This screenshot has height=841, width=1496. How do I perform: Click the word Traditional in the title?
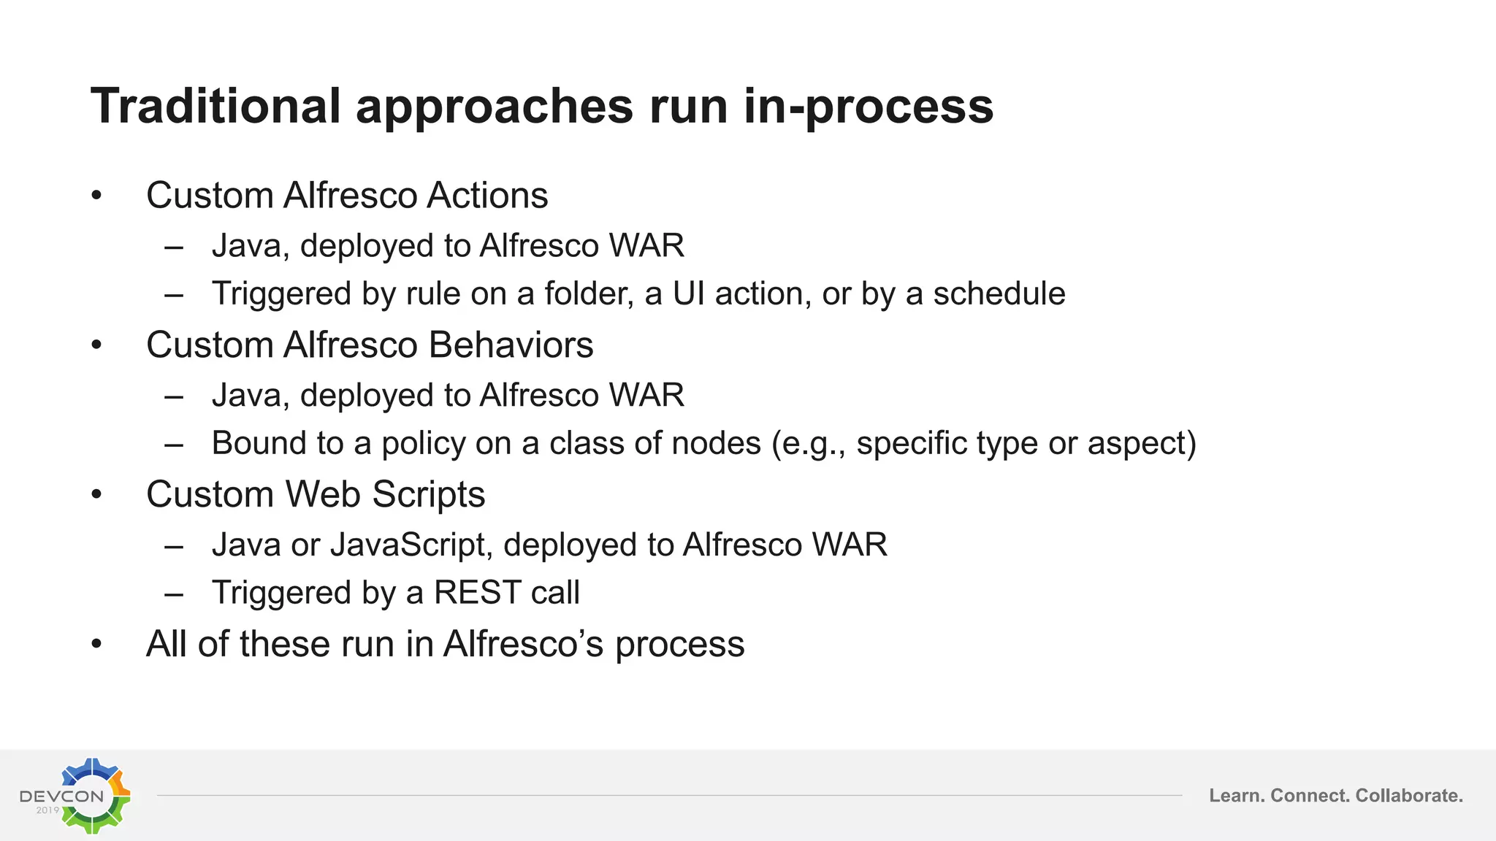click(216, 107)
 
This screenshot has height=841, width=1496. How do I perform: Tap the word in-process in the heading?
click(869, 107)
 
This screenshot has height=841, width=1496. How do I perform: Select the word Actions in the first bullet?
click(487, 196)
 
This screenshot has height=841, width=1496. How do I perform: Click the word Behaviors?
click(511, 345)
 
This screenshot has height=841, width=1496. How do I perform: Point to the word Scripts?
click(429, 495)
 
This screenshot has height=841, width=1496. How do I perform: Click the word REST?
click(477, 592)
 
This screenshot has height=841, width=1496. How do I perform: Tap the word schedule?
click(999, 293)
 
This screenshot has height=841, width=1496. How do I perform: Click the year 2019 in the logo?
click(47, 810)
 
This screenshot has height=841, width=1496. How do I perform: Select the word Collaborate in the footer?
click(1408, 796)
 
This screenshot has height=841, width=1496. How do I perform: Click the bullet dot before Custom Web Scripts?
click(96, 495)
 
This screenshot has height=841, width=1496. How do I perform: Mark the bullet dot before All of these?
click(96, 645)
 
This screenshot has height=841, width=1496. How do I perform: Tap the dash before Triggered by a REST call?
click(174, 594)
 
